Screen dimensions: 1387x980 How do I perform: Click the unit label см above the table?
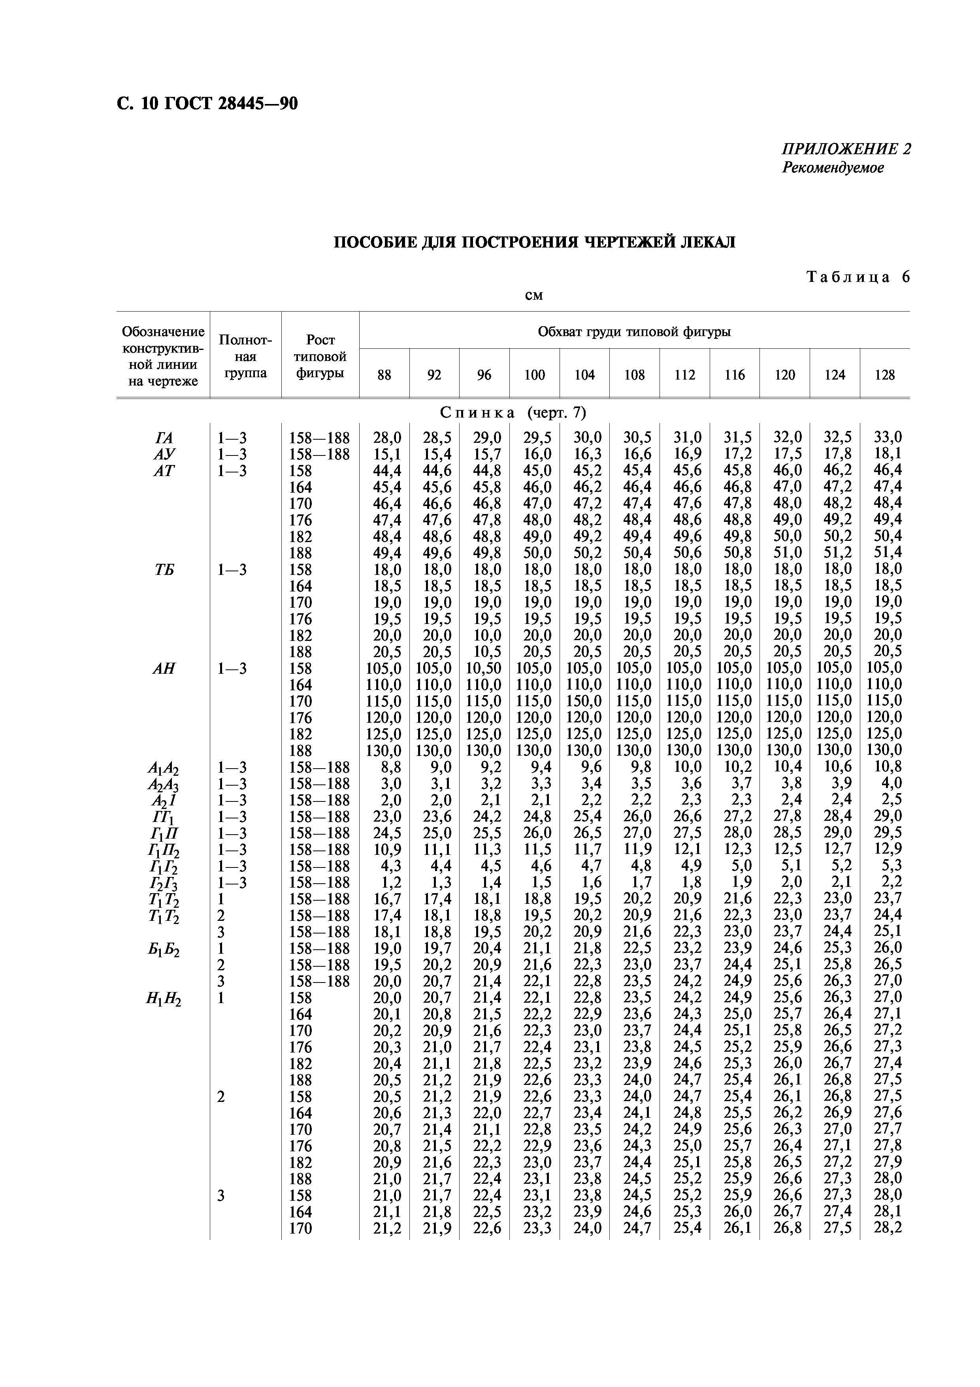tap(534, 295)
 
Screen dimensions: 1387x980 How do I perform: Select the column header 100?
tap(534, 375)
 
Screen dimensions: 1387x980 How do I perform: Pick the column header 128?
tap(885, 375)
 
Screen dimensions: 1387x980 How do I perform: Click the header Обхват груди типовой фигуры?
tap(634, 332)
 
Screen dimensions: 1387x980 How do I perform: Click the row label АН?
tap(164, 668)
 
